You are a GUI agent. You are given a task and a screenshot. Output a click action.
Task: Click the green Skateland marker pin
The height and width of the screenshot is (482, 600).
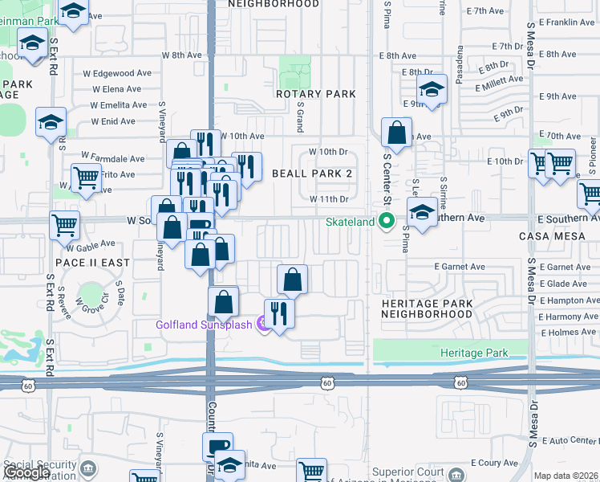387,220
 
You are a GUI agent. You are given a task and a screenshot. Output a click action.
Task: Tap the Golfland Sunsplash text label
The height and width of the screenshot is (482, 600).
204,325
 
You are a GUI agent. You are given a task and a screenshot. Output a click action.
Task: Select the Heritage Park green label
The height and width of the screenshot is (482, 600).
475,353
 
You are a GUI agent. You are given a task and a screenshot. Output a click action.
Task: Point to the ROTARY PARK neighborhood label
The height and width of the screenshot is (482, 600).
315,94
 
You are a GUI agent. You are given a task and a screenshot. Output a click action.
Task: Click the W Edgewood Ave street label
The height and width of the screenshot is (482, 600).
122,72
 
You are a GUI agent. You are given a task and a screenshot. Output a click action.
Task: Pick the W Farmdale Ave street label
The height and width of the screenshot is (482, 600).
113,158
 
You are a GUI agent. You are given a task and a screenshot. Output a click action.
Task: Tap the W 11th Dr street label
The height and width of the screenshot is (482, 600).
327,198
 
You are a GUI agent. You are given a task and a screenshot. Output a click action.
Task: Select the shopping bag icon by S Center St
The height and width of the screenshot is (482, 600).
396,132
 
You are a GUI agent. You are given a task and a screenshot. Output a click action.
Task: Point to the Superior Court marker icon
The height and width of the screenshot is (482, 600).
456,473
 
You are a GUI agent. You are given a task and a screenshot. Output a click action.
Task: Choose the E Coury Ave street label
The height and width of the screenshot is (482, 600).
493,463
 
